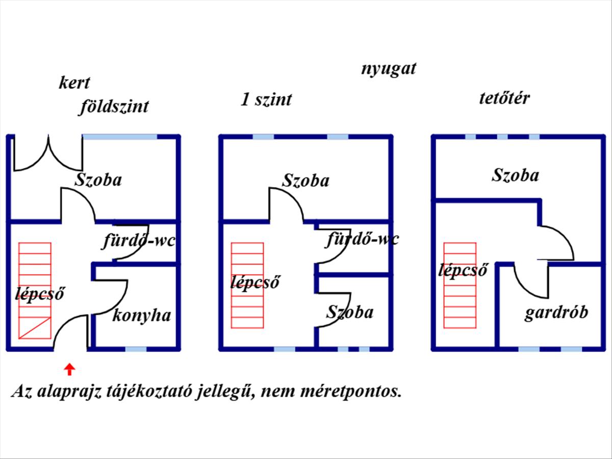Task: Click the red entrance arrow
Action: (x=69, y=370)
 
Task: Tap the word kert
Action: (x=74, y=83)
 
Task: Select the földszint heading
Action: (x=114, y=106)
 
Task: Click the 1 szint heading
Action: (x=266, y=99)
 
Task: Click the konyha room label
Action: (x=142, y=316)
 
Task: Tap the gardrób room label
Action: (x=556, y=313)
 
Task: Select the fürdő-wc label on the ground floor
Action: (x=139, y=241)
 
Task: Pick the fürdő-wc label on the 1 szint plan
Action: (x=363, y=239)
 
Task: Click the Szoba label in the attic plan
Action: (x=515, y=175)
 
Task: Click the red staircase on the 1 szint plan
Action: (x=247, y=286)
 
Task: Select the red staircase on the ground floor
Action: (x=35, y=291)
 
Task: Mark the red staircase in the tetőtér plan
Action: (x=460, y=286)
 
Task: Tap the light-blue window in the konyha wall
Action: (x=136, y=349)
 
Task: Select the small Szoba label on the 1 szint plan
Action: (x=350, y=312)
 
